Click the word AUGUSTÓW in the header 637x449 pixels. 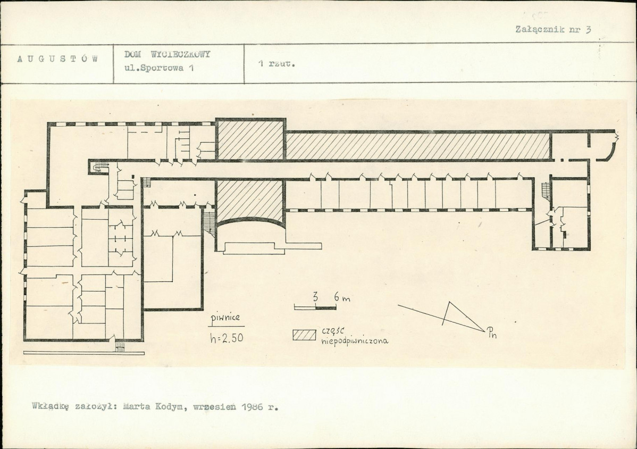[57, 59]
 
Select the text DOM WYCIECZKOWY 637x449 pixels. [167, 54]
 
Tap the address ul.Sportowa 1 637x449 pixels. [160, 68]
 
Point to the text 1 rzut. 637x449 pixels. [276, 64]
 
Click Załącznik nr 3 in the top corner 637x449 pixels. [553, 29]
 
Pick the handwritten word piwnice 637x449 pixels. [227, 320]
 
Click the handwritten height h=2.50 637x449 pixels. [227, 338]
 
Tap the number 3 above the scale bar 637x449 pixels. [316, 297]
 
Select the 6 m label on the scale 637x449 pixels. [342, 298]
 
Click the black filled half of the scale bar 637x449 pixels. [326, 307]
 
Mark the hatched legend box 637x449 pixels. [304, 335]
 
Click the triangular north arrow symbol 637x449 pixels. [463, 316]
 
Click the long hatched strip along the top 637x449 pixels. [418, 146]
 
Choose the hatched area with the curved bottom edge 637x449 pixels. [249, 202]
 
